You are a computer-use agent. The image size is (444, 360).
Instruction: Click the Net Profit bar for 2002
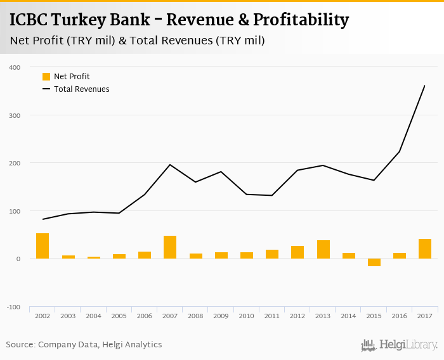click(x=42, y=246)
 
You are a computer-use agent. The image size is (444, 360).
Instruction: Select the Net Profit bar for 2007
click(x=170, y=247)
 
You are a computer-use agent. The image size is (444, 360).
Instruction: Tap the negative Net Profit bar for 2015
click(x=374, y=262)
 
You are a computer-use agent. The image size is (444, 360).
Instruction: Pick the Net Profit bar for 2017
click(x=424, y=248)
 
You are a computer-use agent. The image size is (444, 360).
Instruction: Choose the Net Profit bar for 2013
click(x=323, y=250)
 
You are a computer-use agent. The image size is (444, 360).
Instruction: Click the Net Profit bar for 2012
click(x=297, y=252)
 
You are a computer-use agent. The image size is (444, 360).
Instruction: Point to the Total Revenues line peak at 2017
click(x=424, y=86)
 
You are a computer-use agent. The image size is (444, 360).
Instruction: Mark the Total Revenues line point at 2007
click(x=170, y=165)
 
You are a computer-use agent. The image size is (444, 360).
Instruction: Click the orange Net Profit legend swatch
click(x=46, y=77)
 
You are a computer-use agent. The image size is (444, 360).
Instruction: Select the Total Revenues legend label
click(x=82, y=89)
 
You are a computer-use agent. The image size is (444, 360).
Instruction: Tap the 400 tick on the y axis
click(x=15, y=67)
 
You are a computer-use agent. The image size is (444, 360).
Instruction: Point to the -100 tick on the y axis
click(x=14, y=307)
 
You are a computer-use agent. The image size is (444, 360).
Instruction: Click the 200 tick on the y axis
click(x=15, y=164)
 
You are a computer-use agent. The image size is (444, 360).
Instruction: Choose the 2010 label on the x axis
click(x=246, y=316)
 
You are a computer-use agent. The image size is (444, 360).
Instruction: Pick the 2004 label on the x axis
click(x=93, y=316)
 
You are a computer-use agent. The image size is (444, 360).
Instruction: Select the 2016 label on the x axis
click(x=399, y=316)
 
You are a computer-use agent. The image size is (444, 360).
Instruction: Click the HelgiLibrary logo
click(x=399, y=345)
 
